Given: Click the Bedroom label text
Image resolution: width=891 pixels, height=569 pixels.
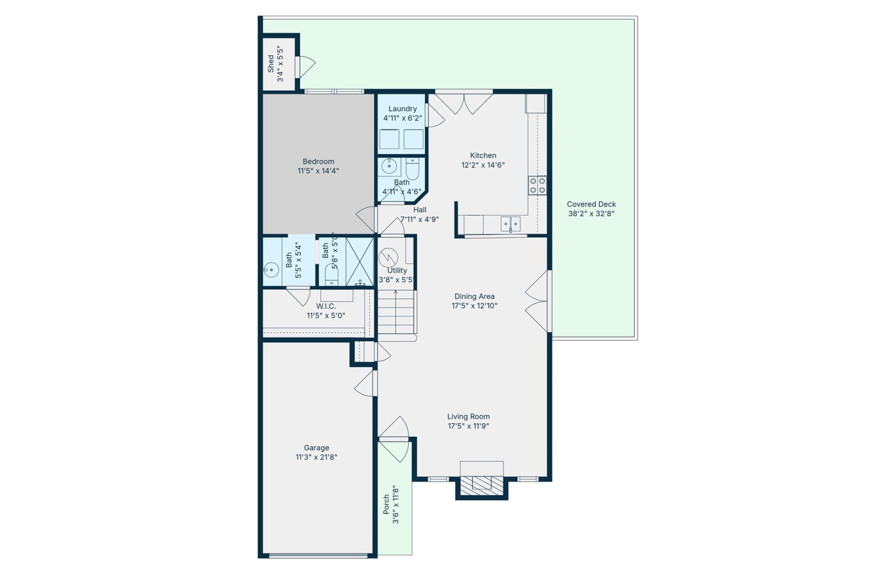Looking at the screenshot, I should [x=318, y=162].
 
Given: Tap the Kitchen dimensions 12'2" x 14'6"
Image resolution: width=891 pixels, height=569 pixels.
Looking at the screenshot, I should [x=483, y=165].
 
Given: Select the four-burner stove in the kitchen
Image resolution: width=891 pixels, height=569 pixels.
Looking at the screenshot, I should [x=537, y=185].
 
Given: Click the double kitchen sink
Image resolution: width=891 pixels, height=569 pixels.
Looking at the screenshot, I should [x=510, y=224].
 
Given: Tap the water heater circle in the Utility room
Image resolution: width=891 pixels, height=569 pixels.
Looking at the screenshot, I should [x=388, y=258].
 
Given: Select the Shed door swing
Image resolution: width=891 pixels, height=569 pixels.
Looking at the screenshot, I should [x=306, y=67].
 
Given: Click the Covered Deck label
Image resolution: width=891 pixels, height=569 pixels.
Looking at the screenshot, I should [x=591, y=204].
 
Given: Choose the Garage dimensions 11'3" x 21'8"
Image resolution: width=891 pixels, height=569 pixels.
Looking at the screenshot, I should [x=316, y=457].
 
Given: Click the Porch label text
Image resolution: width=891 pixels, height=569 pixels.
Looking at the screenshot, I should [x=386, y=504].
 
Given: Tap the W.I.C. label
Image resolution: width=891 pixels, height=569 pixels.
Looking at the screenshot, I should [x=326, y=306].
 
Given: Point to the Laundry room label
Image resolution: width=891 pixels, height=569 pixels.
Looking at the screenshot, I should [x=402, y=109].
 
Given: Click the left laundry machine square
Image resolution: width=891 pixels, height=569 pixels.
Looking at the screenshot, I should [x=389, y=139].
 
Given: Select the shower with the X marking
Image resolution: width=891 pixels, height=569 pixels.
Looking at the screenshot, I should [x=360, y=261].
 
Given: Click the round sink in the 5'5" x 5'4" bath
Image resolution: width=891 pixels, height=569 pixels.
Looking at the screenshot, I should [x=271, y=269].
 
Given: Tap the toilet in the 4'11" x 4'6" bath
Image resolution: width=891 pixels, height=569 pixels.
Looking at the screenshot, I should [x=413, y=169].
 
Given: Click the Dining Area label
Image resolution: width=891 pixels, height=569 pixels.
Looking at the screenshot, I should [x=474, y=296].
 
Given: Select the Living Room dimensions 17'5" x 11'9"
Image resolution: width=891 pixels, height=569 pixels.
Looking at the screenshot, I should [x=468, y=426].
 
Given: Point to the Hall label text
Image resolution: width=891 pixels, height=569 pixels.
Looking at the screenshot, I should [x=420, y=210].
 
